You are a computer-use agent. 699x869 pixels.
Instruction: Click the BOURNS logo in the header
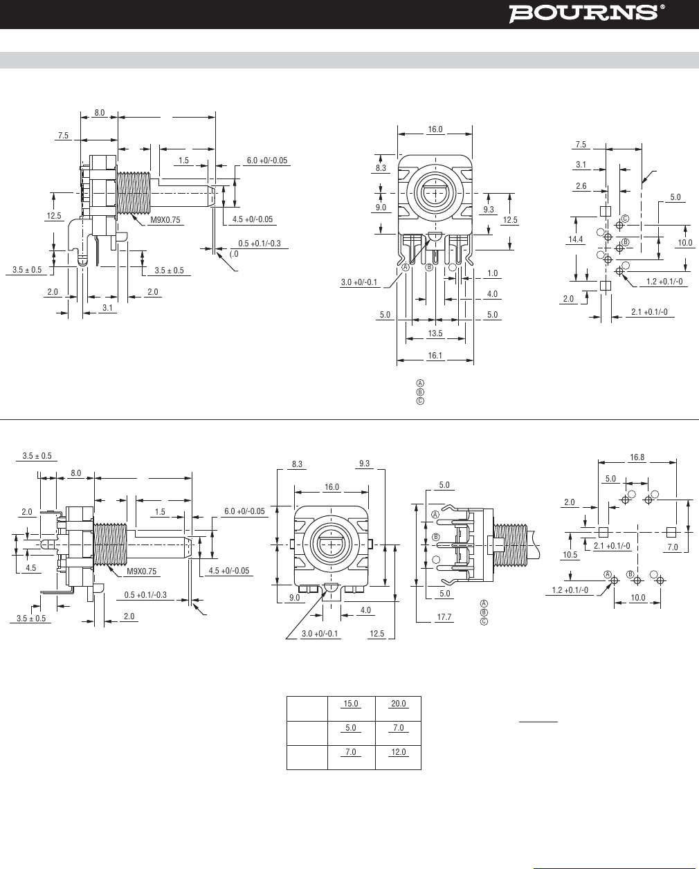tap(583, 12)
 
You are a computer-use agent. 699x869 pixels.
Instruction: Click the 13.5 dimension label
tap(435, 333)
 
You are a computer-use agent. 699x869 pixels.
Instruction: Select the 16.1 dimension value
tap(435, 356)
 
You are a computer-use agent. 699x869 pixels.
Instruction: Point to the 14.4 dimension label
tap(575, 239)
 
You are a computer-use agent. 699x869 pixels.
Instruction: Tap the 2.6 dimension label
tap(581, 185)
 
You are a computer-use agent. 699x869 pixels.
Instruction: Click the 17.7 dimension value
tap(444, 617)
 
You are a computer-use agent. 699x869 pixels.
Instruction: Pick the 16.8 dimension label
tap(637, 457)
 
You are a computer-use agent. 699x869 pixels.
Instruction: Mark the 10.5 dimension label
tap(570, 554)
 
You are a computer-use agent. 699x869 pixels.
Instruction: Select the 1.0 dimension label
tap(492, 273)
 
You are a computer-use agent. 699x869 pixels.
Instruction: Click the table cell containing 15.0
tap(351, 704)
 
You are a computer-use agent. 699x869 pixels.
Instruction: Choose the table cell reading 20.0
tap(398, 704)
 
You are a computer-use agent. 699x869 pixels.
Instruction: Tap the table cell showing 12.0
tap(398, 752)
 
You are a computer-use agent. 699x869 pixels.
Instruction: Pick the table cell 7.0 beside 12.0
tap(351, 752)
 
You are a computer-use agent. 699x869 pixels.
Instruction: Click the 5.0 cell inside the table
tap(351, 728)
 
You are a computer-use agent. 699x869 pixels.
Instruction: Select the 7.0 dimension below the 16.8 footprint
tap(672, 547)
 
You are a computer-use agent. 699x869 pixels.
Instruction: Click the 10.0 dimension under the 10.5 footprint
tap(637, 597)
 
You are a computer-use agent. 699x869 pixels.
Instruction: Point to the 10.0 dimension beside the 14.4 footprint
tap(684, 242)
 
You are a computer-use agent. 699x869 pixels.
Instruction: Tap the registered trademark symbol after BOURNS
tap(662, 7)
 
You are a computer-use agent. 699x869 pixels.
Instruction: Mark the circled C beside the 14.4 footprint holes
tap(625, 219)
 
